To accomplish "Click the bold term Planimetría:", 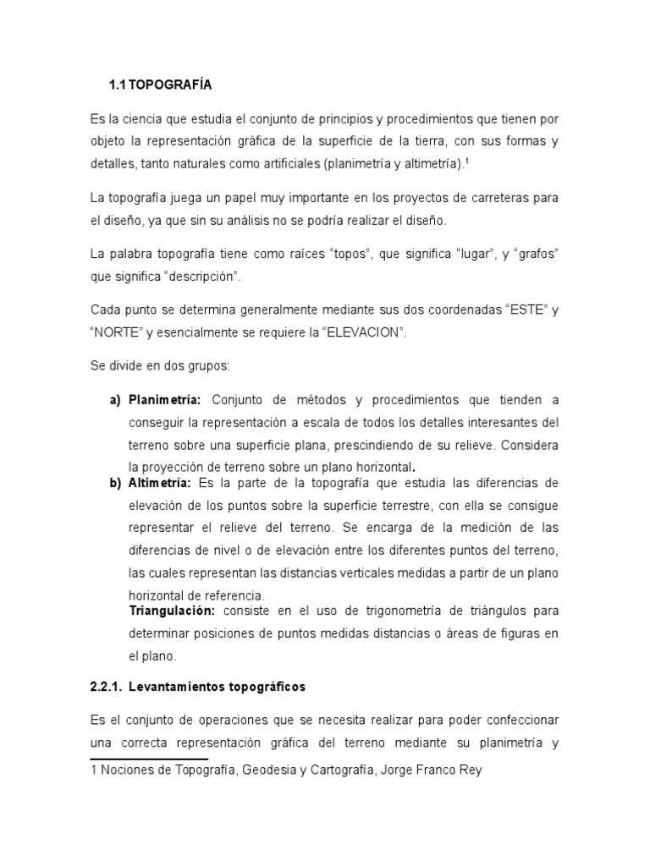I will coord(164,399).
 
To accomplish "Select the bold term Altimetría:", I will coord(160,483).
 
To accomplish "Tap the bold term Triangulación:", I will coord(172,610).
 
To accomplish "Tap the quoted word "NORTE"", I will coord(115,333).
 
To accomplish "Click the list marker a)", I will coord(115,399).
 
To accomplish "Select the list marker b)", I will coord(115,483).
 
